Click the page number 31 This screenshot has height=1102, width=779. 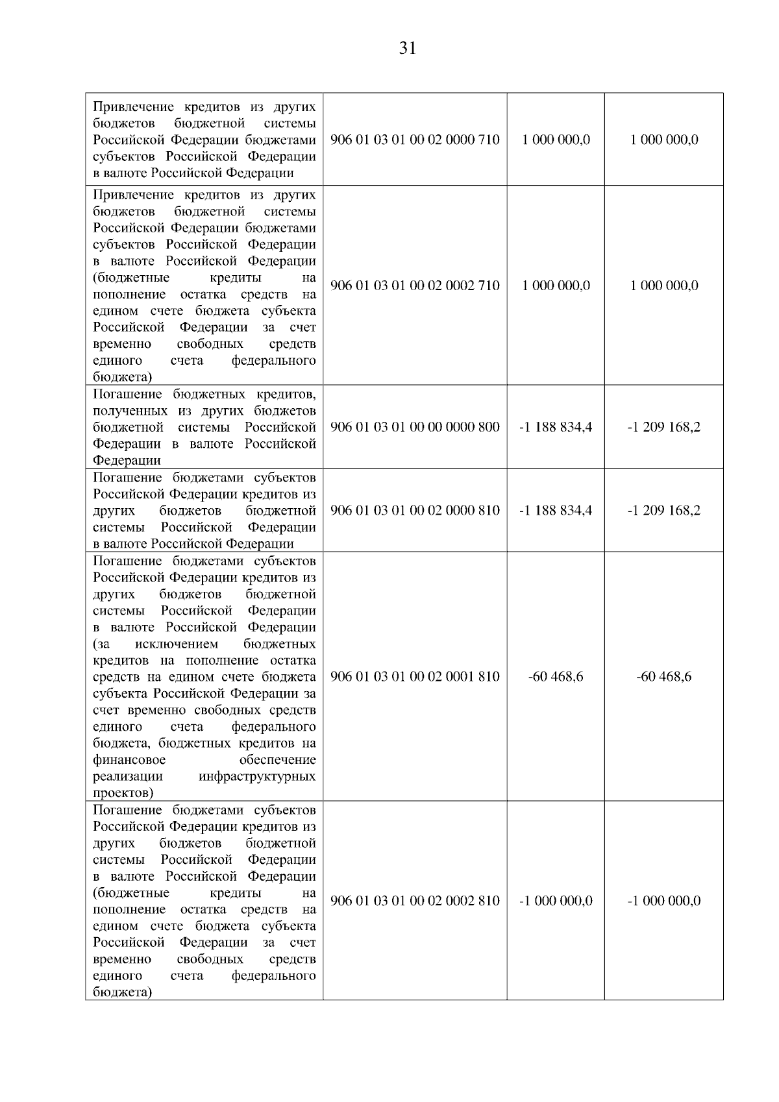407,49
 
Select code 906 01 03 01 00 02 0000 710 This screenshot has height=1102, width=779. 415,140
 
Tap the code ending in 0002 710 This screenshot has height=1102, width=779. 415,286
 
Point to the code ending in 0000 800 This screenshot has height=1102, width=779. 415,427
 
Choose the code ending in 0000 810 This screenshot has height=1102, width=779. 415,510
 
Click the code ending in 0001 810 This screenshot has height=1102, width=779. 415,676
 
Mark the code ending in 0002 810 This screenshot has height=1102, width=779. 415,901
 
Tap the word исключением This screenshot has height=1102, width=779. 177,644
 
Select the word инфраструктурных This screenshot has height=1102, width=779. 257,776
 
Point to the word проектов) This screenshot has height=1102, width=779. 123,792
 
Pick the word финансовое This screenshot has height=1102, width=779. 129,759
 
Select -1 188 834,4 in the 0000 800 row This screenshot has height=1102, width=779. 556,427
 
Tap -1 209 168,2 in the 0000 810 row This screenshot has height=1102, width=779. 663,510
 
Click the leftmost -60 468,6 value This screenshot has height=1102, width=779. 556,676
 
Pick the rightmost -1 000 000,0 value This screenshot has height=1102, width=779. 663,901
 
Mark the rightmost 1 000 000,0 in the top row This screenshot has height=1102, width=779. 663,140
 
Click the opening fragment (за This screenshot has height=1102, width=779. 102,644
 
